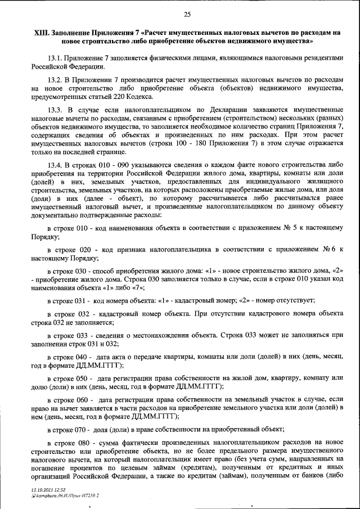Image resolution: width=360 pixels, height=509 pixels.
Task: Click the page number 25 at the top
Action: point(187,15)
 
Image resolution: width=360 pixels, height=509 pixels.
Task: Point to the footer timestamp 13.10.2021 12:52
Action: point(49,490)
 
